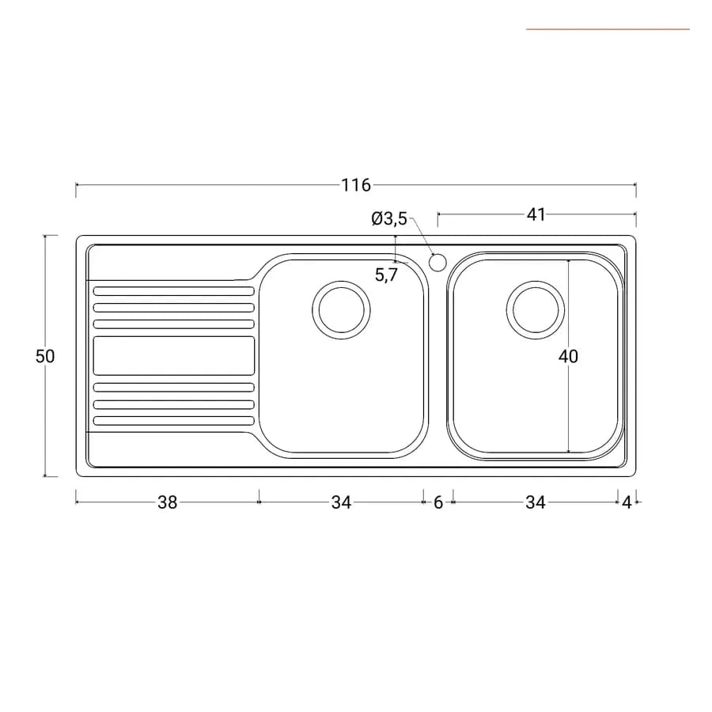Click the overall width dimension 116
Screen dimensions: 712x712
(x=356, y=185)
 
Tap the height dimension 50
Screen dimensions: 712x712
(x=45, y=357)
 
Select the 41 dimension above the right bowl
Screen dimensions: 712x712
(x=536, y=214)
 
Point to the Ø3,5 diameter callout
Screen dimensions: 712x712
(x=389, y=219)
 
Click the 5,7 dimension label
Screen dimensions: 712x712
(x=386, y=275)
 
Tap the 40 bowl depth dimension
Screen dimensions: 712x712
(x=568, y=357)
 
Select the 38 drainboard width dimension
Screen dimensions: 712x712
(x=167, y=502)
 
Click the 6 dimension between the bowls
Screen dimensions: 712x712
(x=438, y=502)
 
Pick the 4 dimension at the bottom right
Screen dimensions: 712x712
(x=627, y=502)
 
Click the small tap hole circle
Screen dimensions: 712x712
(x=437, y=263)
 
